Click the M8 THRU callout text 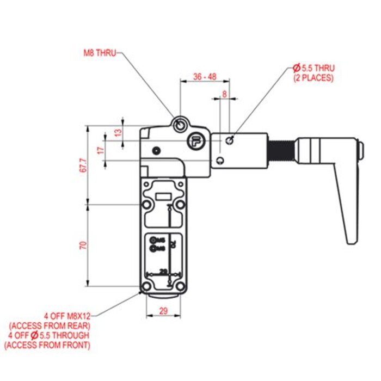click(x=99, y=54)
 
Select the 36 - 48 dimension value click(x=205, y=77)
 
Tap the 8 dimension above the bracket click(x=225, y=94)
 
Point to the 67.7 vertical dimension click(x=82, y=165)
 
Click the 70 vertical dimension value click(x=83, y=245)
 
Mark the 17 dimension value click(x=100, y=150)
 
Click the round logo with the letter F click(x=196, y=142)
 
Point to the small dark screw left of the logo click(x=157, y=150)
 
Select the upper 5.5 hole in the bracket click(x=230, y=140)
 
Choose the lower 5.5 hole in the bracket click(x=219, y=160)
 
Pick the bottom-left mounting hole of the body click(x=146, y=287)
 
